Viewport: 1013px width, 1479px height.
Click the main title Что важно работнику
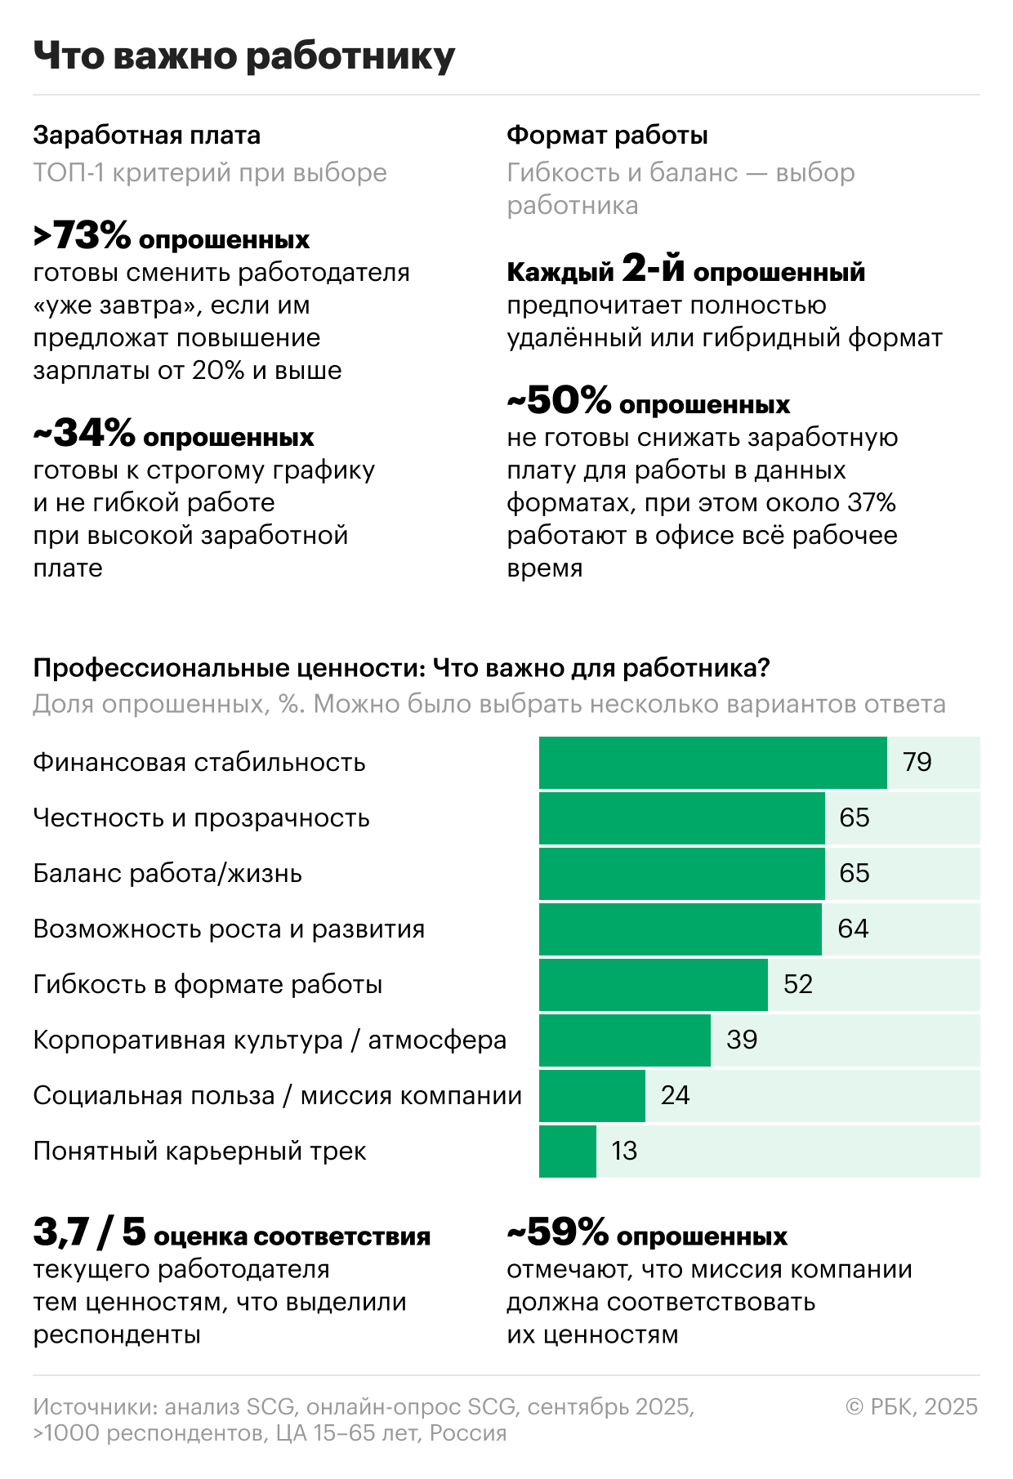[243, 57]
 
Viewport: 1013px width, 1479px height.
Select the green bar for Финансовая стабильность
[712, 762]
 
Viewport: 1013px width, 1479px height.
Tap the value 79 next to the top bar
[917, 762]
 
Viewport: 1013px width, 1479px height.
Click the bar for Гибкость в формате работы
[653, 984]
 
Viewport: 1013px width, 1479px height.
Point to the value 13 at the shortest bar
[624, 1151]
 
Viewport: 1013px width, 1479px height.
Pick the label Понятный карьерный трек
[199, 1151]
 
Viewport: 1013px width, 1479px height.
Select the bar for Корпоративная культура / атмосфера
[624, 1040]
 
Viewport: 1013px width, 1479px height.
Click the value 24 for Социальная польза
[675, 1095]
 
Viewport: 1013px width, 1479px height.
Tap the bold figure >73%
[82, 237]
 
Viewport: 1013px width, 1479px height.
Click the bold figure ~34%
[83, 435]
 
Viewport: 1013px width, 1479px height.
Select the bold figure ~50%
[559, 401]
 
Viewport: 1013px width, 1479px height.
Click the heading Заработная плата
[147, 135]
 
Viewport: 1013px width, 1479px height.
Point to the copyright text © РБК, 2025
[912, 1406]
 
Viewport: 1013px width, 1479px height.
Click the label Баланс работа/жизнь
[167, 873]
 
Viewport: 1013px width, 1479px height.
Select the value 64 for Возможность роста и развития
[853, 929]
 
